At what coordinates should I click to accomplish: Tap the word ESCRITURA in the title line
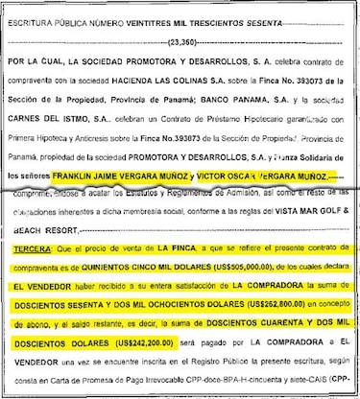point(36,11)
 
